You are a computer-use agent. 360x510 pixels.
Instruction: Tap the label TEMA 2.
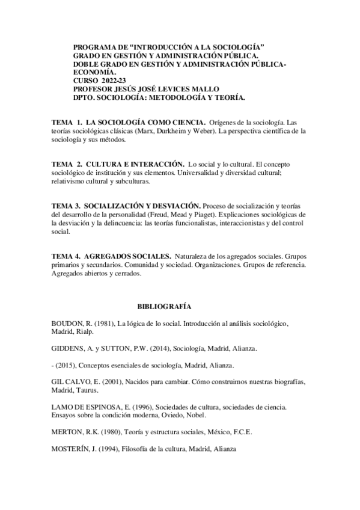(67, 164)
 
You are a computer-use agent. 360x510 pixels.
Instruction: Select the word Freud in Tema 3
(150, 214)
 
